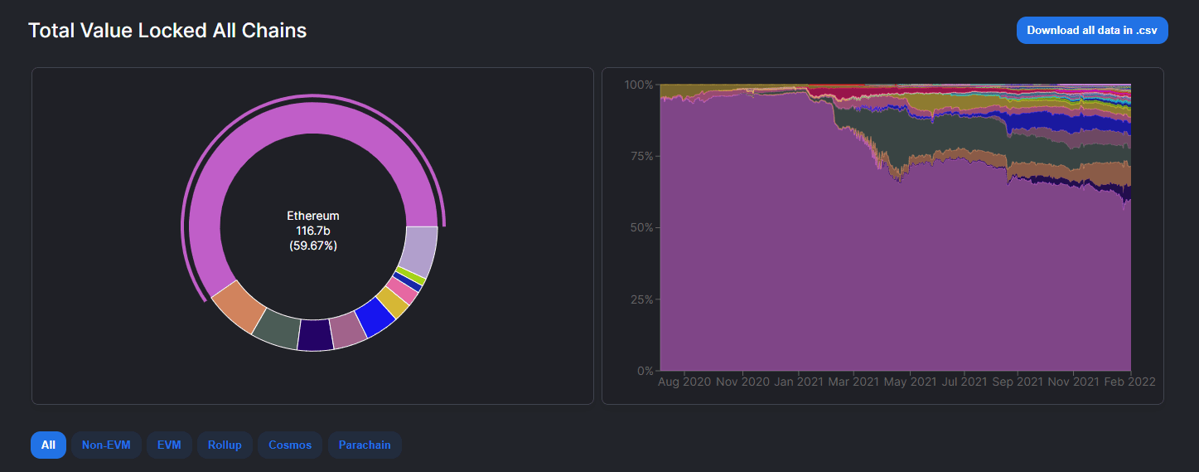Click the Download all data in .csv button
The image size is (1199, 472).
pos(1091,30)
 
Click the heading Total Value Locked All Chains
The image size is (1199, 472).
pos(167,31)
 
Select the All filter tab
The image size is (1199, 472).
pos(48,445)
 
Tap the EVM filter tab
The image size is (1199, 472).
pos(169,445)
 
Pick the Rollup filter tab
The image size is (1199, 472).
pos(225,445)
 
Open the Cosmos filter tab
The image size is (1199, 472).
pos(290,445)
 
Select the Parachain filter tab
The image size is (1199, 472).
pos(365,445)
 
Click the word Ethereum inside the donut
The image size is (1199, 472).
pos(312,216)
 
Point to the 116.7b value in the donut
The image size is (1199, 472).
pos(312,231)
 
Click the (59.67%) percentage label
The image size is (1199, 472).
pos(312,246)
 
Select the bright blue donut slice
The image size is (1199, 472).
pos(374,319)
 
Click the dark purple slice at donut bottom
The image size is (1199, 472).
pos(315,334)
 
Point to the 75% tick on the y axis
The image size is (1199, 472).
pos(638,156)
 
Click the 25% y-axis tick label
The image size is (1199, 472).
pos(638,299)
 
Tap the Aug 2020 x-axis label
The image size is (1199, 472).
pos(684,382)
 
